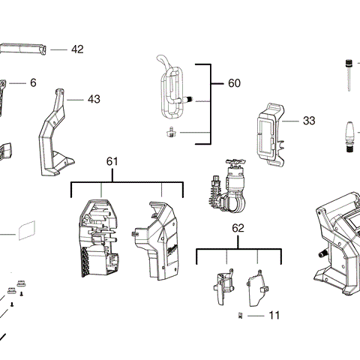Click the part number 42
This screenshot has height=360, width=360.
(77, 49)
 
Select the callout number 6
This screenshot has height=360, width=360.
(33, 82)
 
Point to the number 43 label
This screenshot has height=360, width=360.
(93, 99)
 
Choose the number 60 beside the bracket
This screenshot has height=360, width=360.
(235, 84)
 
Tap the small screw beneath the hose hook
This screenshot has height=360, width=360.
(171, 132)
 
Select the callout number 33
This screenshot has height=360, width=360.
(309, 120)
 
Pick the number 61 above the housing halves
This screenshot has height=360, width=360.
(112, 161)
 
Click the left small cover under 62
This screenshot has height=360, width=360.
(222, 288)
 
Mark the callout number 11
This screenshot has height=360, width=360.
(274, 316)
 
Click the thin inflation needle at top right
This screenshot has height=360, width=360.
(348, 73)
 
